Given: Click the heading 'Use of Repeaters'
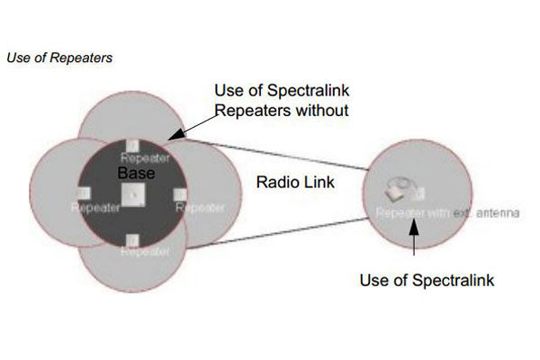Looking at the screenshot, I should click(x=59, y=58).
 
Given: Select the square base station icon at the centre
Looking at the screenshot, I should click(x=132, y=193).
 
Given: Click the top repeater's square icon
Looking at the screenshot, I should click(x=132, y=146).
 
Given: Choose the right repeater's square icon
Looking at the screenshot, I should click(x=180, y=193).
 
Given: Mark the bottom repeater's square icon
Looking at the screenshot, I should click(x=132, y=239).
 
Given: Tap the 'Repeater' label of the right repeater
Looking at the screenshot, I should click(x=200, y=208).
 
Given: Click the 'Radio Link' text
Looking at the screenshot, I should click(x=283, y=183).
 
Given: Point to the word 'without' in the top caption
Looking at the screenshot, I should click(x=314, y=111).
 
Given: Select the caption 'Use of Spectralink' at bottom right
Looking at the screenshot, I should click(x=427, y=280).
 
